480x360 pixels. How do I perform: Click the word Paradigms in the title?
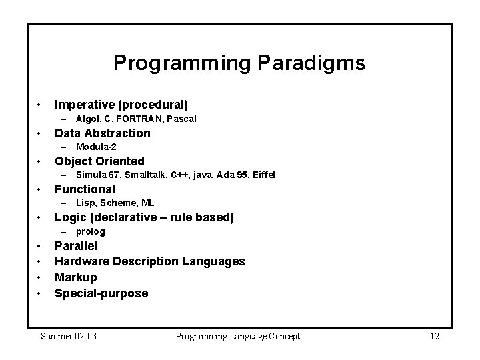[309, 63]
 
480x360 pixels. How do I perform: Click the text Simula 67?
[97, 175]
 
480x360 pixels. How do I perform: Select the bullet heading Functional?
[85, 189]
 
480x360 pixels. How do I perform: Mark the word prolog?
[91, 231]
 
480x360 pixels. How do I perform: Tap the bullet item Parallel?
[76, 246]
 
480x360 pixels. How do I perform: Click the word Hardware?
[81, 261]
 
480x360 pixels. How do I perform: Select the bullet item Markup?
[75, 277]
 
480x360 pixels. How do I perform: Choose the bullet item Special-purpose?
[101, 293]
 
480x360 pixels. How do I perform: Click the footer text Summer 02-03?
[69, 336]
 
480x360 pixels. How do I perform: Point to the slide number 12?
[435, 336]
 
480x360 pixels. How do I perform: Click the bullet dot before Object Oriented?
[41, 161]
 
